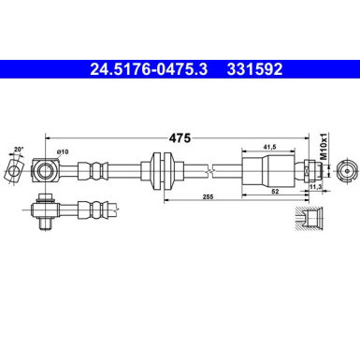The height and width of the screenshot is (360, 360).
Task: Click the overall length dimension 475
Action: (x=180, y=137)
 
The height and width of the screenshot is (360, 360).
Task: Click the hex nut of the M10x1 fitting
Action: (x=308, y=171)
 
